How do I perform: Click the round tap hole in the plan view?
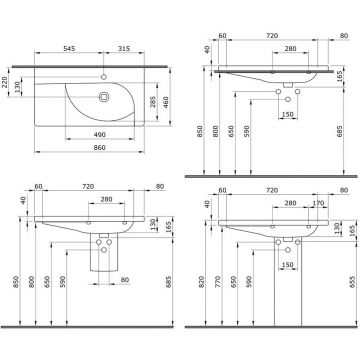[104, 75]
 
